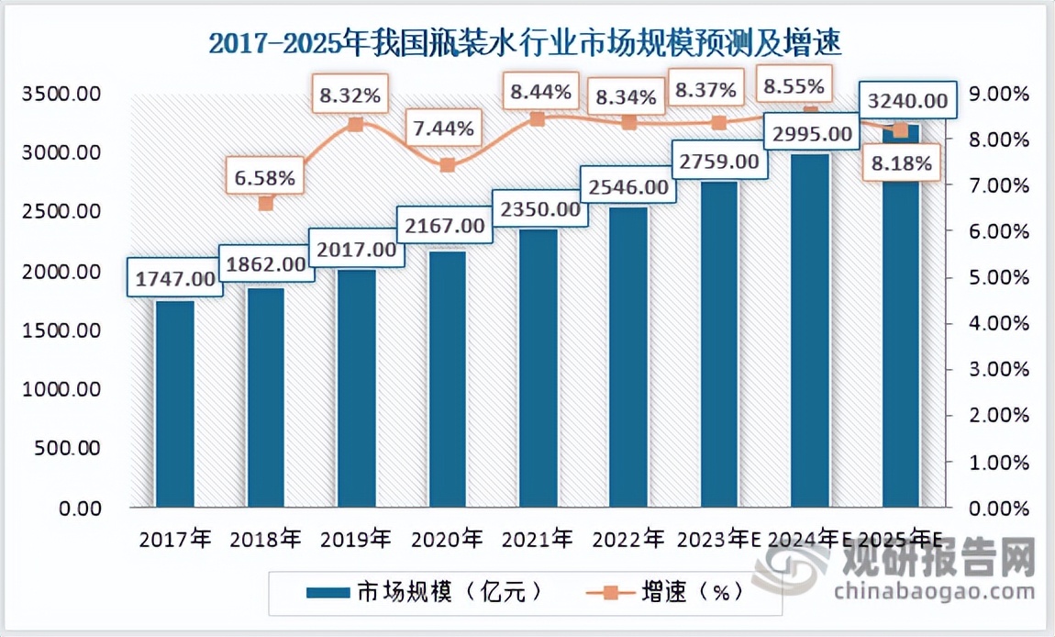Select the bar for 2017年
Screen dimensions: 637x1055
[x=174, y=404]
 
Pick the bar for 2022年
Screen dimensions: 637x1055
[x=628, y=358]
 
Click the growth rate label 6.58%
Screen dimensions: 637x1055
[x=265, y=178]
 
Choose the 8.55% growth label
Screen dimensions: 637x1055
[x=795, y=87]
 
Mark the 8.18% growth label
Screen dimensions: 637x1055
[x=902, y=164]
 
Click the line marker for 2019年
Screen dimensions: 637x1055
[x=356, y=125]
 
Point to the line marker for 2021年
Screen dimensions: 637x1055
[x=538, y=119]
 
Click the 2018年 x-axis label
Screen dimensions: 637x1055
[x=265, y=539]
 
